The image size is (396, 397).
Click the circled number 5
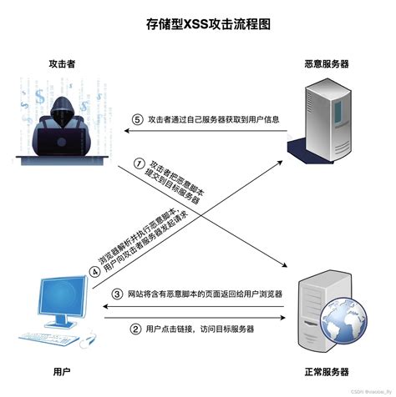click(x=138, y=118)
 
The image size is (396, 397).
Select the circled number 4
click(x=94, y=269)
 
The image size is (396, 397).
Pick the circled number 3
click(x=118, y=294)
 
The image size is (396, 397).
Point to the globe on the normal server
click(x=340, y=322)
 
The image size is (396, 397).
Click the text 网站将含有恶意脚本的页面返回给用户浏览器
click(x=206, y=294)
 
